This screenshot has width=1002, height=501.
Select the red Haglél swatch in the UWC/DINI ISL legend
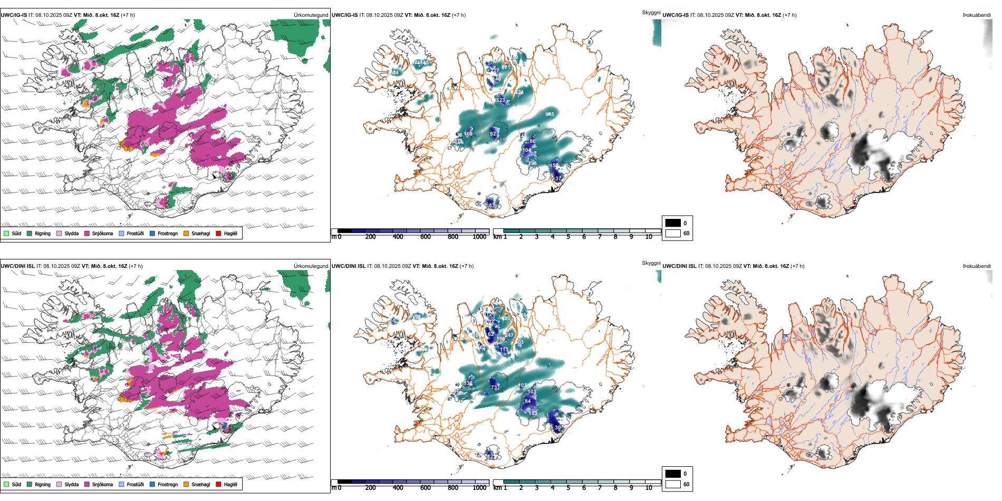click(218, 484)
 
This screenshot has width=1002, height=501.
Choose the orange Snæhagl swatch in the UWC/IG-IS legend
click(186, 233)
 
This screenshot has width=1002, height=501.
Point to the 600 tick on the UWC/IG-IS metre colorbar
click(426, 237)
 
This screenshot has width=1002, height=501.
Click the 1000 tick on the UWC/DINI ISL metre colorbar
click(479, 488)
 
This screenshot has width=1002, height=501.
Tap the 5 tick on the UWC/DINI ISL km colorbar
click(568, 488)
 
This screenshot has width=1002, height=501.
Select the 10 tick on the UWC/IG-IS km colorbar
click(649, 237)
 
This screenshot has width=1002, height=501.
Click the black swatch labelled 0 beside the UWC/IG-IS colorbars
click(673, 223)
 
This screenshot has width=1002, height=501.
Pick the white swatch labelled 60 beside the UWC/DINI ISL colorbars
click(673, 484)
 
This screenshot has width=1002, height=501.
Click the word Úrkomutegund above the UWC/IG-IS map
click(311, 15)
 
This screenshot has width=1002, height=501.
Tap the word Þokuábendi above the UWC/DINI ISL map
click(977, 266)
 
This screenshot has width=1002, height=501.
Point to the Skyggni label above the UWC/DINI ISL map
click(651, 263)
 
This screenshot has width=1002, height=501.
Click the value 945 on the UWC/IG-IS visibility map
click(550, 114)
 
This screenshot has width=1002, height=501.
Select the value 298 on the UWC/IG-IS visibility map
click(532, 163)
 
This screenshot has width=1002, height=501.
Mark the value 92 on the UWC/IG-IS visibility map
click(493, 134)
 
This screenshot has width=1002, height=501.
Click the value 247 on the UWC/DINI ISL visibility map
click(509, 335)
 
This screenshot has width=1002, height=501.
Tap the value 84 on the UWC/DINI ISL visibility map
click(527, 401)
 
